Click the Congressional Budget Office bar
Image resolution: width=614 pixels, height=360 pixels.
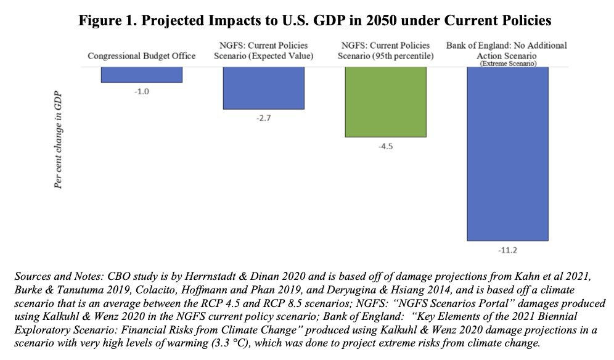142,74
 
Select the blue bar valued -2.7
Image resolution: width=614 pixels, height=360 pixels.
263,88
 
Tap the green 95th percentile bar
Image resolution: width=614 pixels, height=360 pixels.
385,101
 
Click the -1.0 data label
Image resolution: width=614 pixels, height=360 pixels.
142,91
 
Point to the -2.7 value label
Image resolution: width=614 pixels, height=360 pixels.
263,118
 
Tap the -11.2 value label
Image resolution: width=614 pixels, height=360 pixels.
507,250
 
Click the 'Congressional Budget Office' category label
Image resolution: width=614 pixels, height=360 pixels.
142,56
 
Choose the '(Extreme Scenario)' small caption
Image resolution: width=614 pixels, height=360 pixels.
507,63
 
